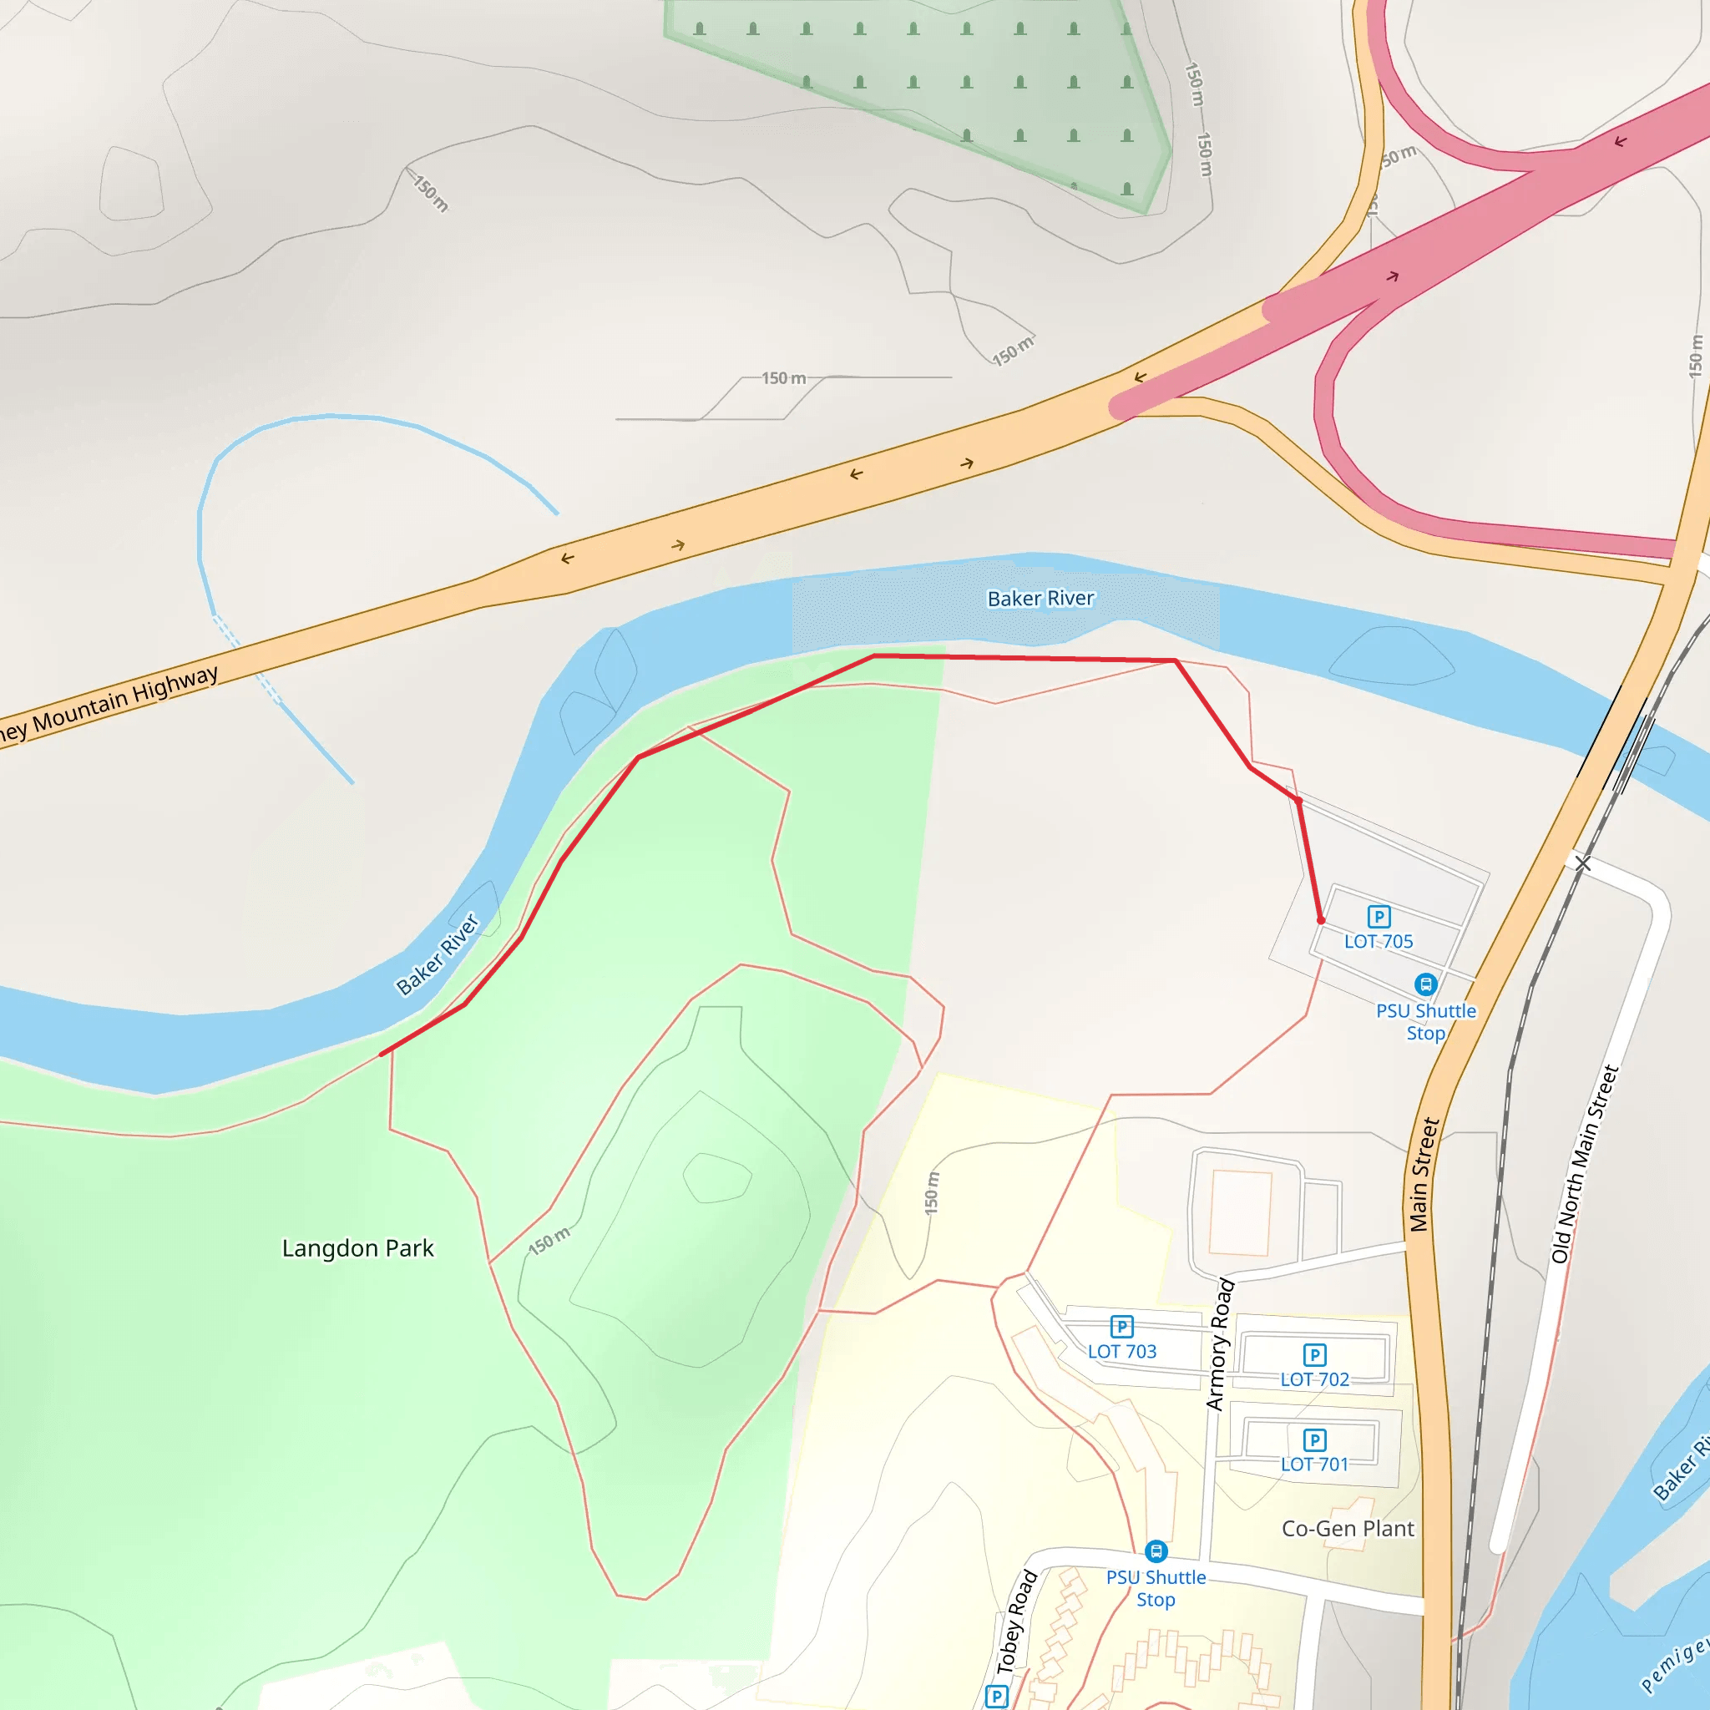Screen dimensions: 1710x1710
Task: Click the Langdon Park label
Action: tap(357, 1248)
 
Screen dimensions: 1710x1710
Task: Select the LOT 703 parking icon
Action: tap(1121, 1326)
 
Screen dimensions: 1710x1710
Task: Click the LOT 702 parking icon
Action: tap(1314, 1354)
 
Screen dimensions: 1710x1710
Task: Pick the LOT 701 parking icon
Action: tap(1314, 1439)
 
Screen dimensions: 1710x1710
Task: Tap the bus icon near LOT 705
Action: tap(1425, 984)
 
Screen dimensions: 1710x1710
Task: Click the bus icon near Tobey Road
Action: tap(1156, 1551)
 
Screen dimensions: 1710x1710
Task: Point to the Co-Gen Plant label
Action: tap(1347, 1529)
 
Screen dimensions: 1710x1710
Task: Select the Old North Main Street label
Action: tap(1584, 1164)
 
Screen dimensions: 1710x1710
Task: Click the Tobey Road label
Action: tap(1016, 1622)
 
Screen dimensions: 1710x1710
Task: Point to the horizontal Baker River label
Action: tap(1041, 600)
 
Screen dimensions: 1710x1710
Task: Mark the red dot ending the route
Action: tap(1321, 920)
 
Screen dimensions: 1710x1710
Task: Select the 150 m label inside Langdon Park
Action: tap(549, 1240)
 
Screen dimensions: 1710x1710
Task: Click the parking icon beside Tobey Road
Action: tap(997, 1696)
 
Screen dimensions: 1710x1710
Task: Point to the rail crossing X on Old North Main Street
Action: tap(1582, 862)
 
